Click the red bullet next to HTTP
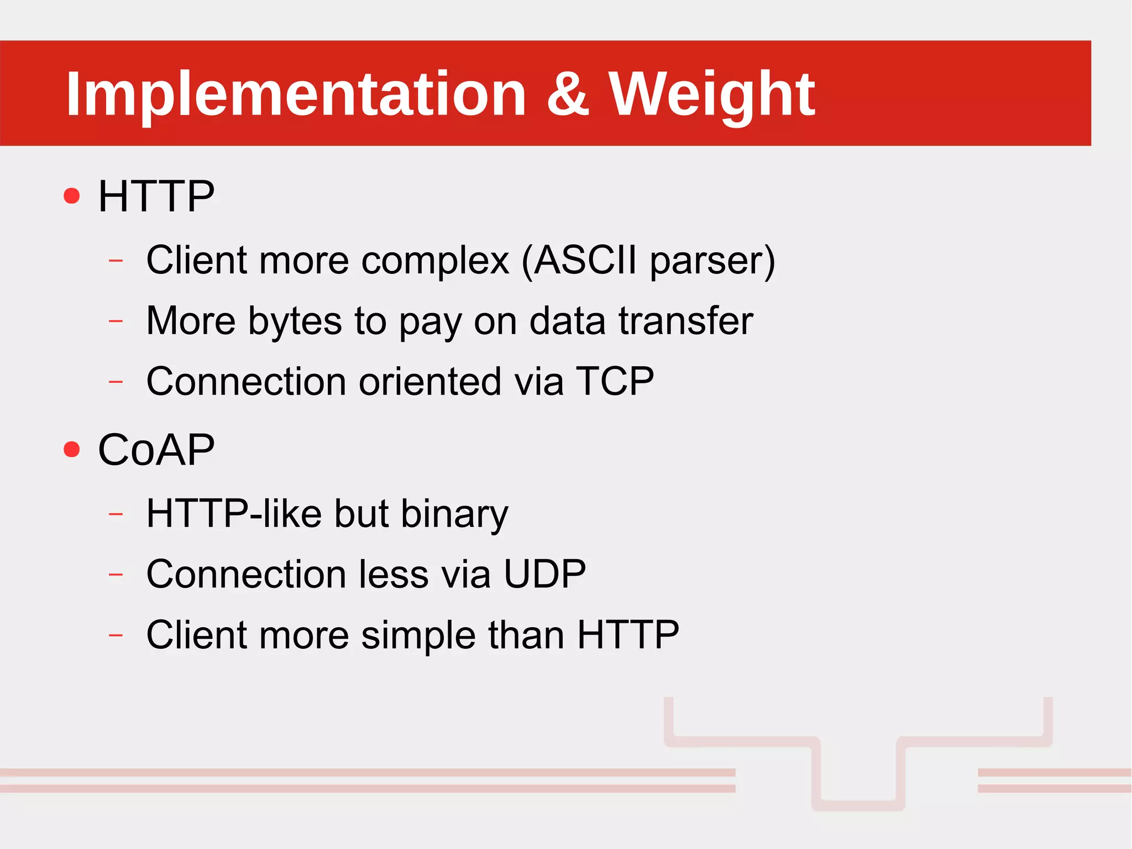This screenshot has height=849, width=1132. (72, 196)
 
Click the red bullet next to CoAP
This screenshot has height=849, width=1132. (72, 449)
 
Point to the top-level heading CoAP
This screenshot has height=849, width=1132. (156, 449)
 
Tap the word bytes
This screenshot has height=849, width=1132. (295, 321)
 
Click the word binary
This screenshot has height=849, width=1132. (454, 514)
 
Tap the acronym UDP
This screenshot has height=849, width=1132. (544, 574)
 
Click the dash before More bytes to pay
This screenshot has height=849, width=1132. (116, 320)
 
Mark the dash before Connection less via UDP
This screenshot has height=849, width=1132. (116, 575)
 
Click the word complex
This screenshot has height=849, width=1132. (435, 261)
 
